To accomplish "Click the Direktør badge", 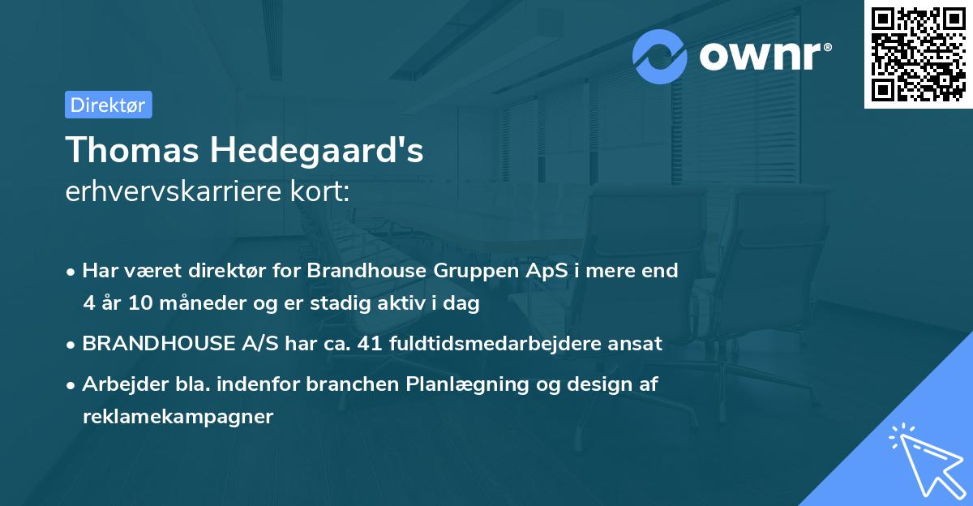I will click(x=108, y=105).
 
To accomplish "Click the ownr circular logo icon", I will click(x=660, y=56).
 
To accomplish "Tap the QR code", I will click(x=918, y=54).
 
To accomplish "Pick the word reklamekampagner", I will click(x=178, y=418).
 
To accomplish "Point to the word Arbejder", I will click(x=117, y=384).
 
